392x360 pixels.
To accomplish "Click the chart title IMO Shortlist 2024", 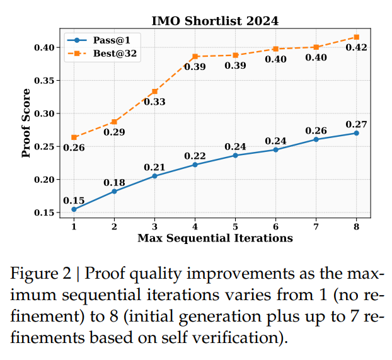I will pyautogui.click(x=215, y=21).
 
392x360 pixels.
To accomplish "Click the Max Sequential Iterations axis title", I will pyautogui.click(x=215, y=238).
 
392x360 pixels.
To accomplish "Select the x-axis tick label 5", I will pyautogui.click(x=235, y=226).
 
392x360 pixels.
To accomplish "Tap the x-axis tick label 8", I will pyautogui.click(x=356, y=226).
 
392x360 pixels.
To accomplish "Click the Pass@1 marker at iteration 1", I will pyautogui.click(x=74, y=209).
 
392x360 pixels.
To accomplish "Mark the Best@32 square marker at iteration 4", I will pyautogui.click(x=195, y=57).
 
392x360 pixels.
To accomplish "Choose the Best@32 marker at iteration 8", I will pyautogui.click(x=356, y=37).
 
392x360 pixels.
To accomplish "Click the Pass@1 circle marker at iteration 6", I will pyautogui.click(x=275, y=149).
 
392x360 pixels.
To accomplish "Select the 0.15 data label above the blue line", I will pyautogui.click(x=74, y=201).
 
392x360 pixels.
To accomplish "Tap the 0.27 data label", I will pyautogui.click(x=356, y=124).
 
